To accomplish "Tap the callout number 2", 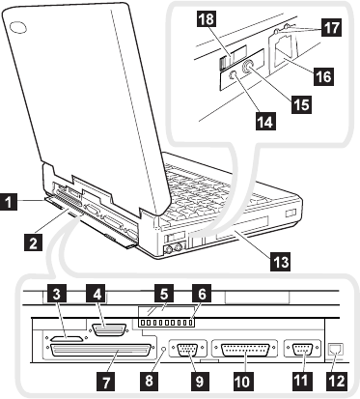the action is (x=33, y=242).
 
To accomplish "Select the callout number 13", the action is (x=281, y=261).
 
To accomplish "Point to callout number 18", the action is (x=206, y=19).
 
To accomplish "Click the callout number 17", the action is (x=332, y=27).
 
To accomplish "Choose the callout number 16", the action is (x=323, y=76).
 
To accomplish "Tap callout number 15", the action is (x=301, y=104).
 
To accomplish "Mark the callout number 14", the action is (x=265, y=122).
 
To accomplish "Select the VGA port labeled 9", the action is (x=188, y=348).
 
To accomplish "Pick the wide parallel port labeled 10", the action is (x=245, y=349).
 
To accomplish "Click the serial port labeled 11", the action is (x=302, y=348).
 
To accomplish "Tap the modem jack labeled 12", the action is (x=336, y=349).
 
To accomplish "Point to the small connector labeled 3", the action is (x=66, y=339).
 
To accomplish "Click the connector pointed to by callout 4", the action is (x=108, y=329).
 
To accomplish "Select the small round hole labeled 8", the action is (x=164, y=349).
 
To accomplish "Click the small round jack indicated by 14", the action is (x=233, y=75).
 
